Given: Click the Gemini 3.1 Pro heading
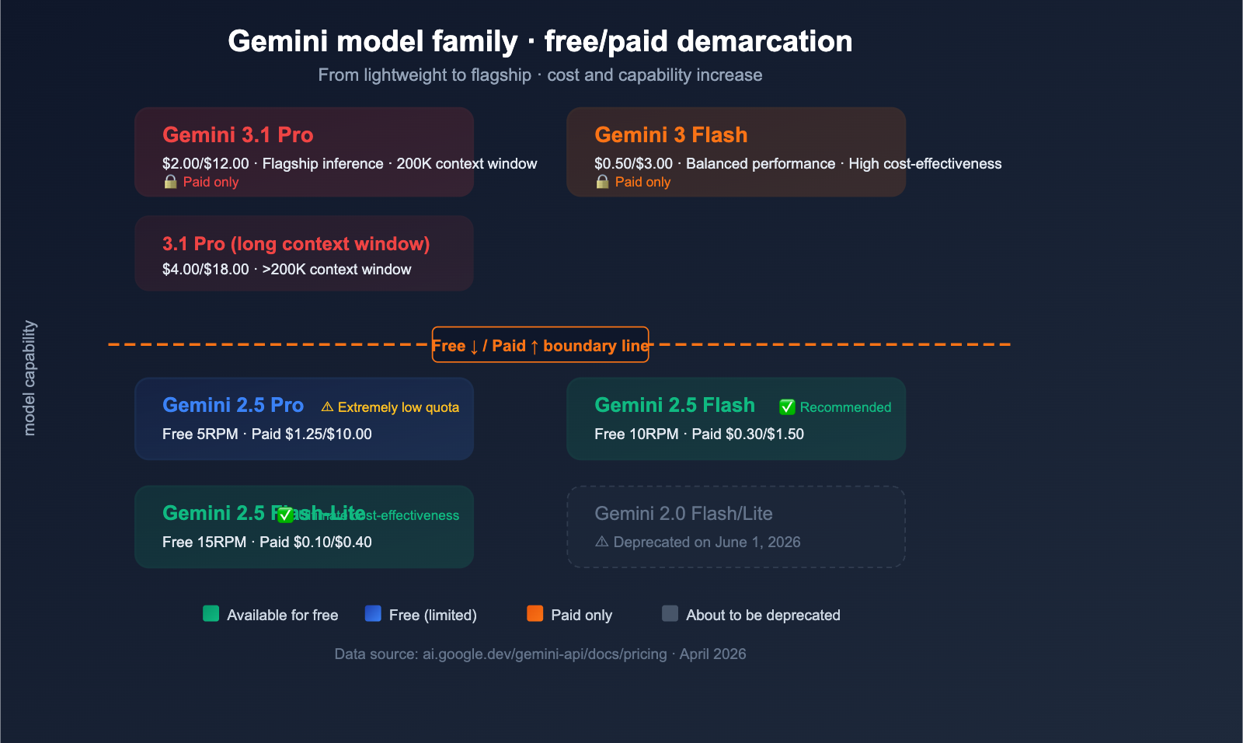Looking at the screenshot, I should click(x=238, y=135).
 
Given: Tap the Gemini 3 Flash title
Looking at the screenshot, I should click(x=670, y=135).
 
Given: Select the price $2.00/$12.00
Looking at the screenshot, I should click(x=205, y=164).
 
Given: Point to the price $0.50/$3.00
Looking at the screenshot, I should click(x=633, y=164).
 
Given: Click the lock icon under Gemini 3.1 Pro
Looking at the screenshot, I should click(x=170, y=182).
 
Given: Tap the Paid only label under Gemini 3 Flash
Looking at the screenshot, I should click(x=642, y=182).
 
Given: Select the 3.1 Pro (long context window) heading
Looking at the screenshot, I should click(x=296, y=244).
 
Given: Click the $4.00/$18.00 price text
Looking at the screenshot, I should click(x=205, y=270).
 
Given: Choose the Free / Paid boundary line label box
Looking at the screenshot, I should click(x=540, y=345).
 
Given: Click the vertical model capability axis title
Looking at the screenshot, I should click(x=30, y=378).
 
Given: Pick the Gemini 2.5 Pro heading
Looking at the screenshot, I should click(x=233, y=406).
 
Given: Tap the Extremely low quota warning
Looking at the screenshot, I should click(x=390, y=407).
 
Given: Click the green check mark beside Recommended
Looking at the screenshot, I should click(x=787, y=407).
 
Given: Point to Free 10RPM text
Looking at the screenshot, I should click(x=636, y=434).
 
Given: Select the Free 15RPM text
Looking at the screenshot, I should click(x=204, y=542).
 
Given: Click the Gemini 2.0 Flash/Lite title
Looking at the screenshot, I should click(x=683, y=514).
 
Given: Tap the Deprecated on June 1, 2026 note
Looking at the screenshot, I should click(x=698, y=542).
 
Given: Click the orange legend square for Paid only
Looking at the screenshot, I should click(x=534, y=614).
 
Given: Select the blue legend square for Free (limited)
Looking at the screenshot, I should click(x=373, y=614).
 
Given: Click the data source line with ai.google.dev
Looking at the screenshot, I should click(x=540, y=654).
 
